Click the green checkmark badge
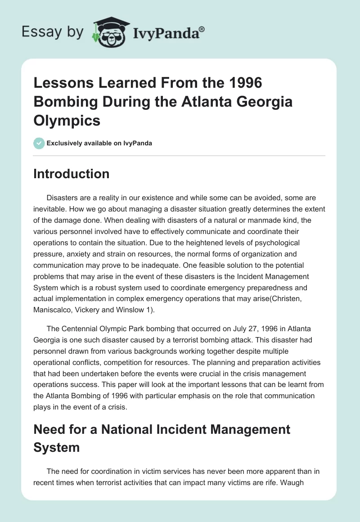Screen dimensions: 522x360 click(39, 144)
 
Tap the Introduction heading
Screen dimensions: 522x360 click(71, 174)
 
